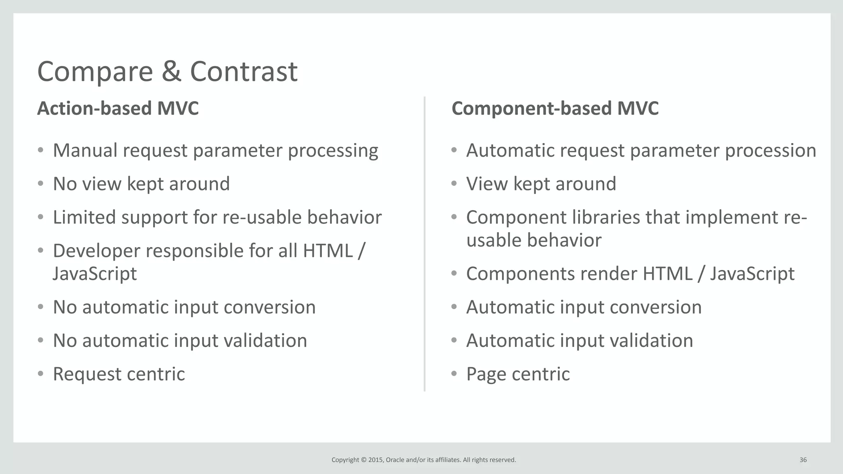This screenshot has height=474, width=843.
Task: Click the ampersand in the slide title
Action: (171, 72)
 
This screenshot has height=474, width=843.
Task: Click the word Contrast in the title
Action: (243, 72)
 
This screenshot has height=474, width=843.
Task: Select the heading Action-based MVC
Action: (118, 109)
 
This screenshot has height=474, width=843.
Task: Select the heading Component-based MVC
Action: (555, 109)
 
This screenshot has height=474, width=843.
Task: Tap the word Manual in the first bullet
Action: (85, 150)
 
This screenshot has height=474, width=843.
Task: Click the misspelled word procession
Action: (770, 150)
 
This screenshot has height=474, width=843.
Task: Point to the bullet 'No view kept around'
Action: (141, 184)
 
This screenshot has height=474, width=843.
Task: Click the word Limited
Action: (84, 217)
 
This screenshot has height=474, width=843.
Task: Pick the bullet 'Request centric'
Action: (119, 374)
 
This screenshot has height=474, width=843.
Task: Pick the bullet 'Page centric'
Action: (517, 374)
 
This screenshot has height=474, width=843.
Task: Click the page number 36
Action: (803, 460)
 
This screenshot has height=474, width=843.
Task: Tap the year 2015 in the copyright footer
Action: (375, 460)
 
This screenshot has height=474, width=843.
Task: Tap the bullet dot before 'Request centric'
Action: (40, 374)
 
